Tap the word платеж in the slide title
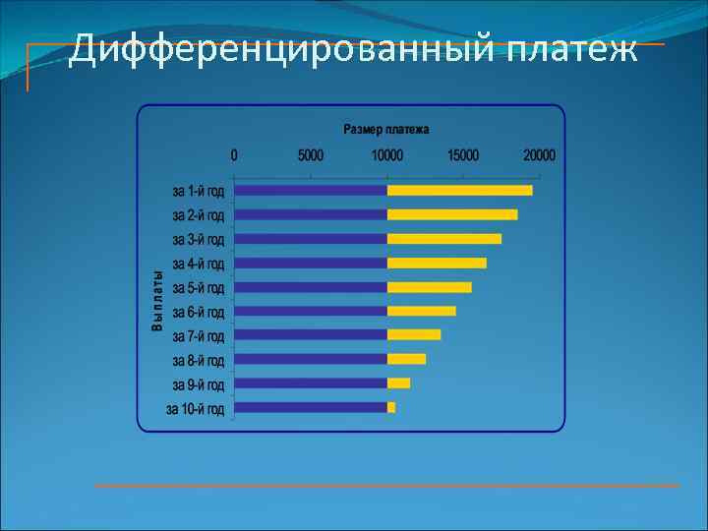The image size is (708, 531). coord(572,48)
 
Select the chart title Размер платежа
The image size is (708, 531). coord(385,129)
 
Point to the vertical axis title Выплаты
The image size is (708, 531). coord(156,300)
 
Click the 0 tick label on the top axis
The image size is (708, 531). coord(234,155)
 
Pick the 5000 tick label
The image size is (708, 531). coord(310,155)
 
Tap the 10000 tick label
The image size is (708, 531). coord(386,155)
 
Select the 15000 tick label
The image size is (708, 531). coord(463,155)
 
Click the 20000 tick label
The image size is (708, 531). coord(539,155)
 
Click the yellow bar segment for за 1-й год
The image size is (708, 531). coord(459,190)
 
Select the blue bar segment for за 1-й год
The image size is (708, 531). coord(311,190)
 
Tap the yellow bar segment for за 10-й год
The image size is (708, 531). coord(391,407)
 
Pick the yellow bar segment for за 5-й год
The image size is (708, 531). coord(429,287)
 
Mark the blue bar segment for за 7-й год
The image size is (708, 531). coord(311,334)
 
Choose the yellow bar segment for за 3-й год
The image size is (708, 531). coord(443,239)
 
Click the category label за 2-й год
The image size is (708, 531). coord(198,214)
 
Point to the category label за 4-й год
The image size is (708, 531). coord(198,264)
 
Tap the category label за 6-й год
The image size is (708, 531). coord(198,312)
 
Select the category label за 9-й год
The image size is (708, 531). coord(198,383)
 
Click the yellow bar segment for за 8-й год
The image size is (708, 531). coord(406,359)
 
